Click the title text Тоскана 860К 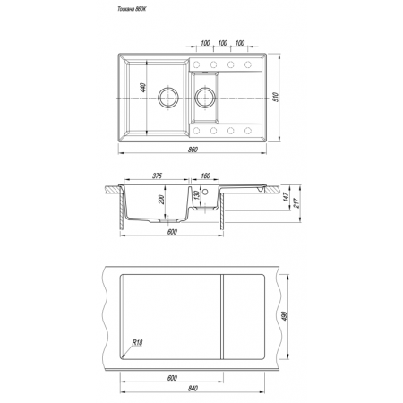click(132, 9)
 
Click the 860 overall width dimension click(193, 150)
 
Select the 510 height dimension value click(276, 97)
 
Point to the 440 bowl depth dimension click(143, 88)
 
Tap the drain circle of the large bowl click(168, 98)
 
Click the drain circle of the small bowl click(205, 98)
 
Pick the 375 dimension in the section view click(157, 176)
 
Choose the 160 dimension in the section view click(205, 176)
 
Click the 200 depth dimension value click(161, 200)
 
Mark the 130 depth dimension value click(196, 195)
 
